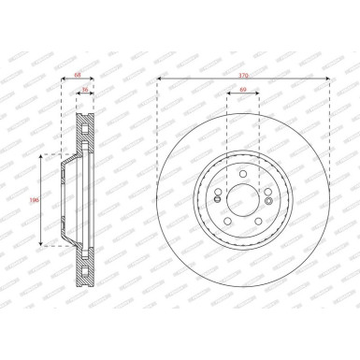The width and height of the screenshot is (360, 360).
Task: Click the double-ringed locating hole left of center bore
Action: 215,196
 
